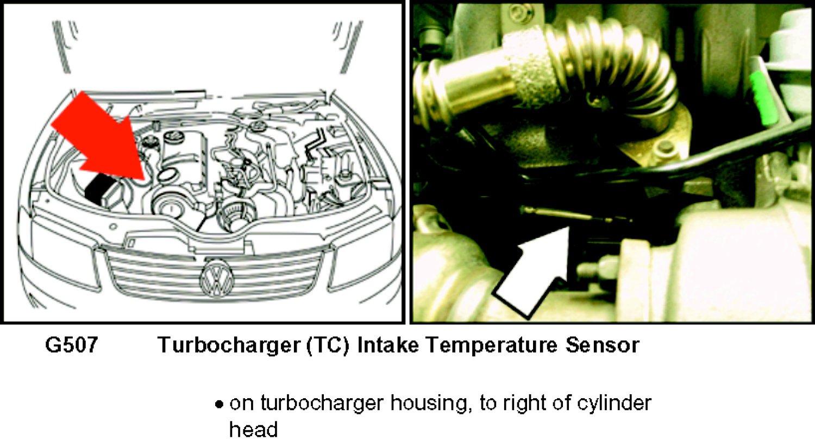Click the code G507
point(72,344)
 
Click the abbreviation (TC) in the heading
point(328,345)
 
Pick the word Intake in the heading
point(388,344)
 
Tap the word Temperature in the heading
point(492,345)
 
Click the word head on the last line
point(253,429)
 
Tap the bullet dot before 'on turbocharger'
point(218,405)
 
